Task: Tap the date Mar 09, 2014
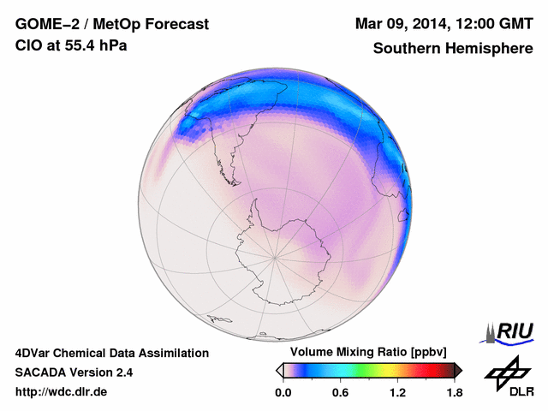tap(397, 24)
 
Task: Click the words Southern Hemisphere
tap(453, 48)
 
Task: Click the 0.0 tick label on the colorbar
tap(283, 393)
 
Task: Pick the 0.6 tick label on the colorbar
tap(340, 393)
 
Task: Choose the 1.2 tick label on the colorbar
tap(397, 393)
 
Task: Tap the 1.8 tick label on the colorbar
tap(455, 393)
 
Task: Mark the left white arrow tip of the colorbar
tap(279, 370)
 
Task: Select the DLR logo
tap(506, 376)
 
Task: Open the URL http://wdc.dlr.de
tap(62, 393)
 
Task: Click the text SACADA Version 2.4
tap(74, 372)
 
